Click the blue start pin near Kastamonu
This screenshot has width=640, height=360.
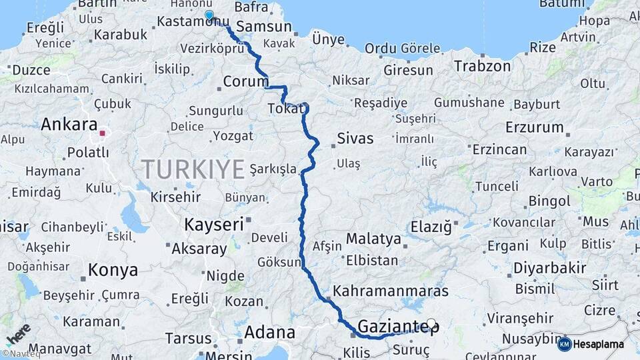click(209, 15)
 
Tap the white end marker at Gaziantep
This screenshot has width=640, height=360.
click(431, 324)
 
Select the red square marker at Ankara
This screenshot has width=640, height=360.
click(102, 133)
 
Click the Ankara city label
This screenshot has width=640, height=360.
click(69, 125)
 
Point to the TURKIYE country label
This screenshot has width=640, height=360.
click(193, 169)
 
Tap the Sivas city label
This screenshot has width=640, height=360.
click(355, 139)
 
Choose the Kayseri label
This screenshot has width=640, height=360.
click(213, 224)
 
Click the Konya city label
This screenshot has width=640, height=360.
click(113, 270)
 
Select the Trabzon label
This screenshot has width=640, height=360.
click(482, 66)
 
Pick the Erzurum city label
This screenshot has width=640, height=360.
click(535, 127)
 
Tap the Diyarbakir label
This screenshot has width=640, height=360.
click(549, 269)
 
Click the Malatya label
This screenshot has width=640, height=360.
click(373, 239)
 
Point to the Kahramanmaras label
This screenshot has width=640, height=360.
click(390, 291)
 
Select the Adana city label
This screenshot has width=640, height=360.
click(269, 331)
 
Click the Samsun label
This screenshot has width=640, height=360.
click(264, 27)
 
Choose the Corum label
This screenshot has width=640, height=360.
click(245, 82)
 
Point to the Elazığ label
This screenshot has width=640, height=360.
click(431, 227)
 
